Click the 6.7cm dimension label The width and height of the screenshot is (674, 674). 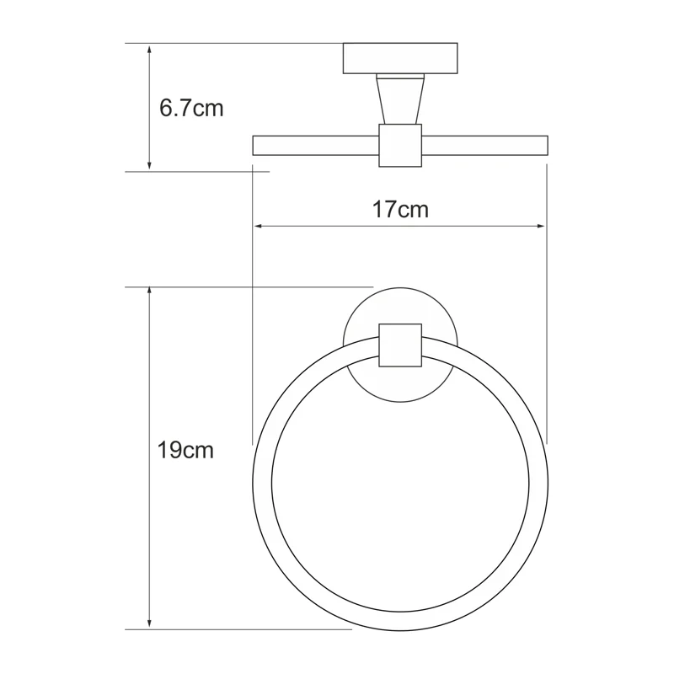point(191,109)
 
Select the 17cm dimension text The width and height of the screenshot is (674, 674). point(401,210)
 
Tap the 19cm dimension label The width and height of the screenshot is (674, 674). point(185,451)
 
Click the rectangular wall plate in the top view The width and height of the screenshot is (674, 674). point(400,57)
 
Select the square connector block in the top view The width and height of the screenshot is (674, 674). point(400,145)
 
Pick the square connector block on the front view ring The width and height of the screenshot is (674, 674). point(400,345)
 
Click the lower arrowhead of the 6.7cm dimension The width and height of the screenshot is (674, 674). point(149,164)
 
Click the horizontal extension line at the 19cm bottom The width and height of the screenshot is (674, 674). point(253,629)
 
